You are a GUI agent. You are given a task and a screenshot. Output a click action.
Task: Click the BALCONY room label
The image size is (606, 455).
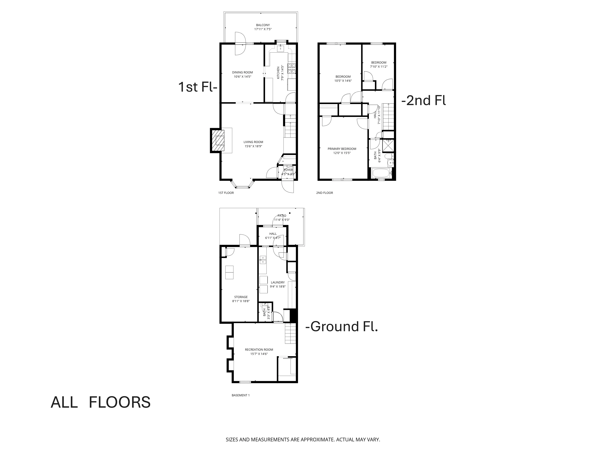[x=263, y=25]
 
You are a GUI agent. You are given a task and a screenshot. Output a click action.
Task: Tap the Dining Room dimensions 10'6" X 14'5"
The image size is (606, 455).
[x=242, y=77]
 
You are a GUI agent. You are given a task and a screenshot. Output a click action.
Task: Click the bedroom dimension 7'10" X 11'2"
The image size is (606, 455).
[x=379, y=67]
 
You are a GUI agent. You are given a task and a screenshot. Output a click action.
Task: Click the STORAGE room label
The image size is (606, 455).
[x=241, y=297]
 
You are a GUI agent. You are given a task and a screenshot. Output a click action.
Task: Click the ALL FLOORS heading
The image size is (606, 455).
[x=101, y=402]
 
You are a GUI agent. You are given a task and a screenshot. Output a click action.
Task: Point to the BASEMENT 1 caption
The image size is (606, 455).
[x=241, y=395]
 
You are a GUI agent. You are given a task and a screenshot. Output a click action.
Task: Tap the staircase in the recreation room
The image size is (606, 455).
[x=291, y=333]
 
